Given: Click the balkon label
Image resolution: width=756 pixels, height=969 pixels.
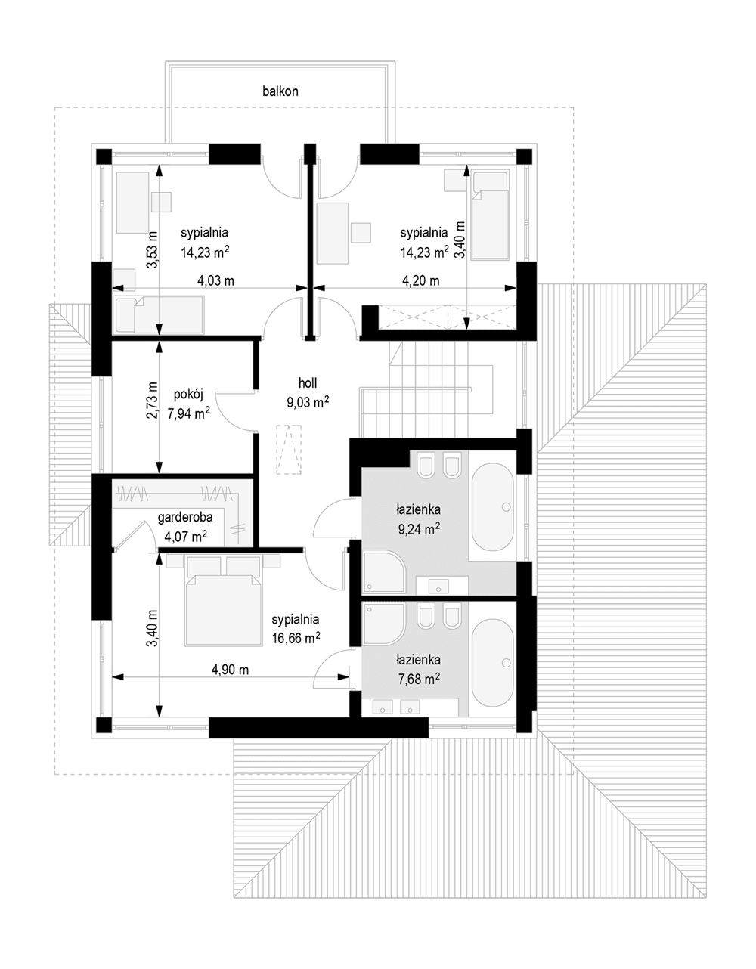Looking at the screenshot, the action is click(280, 91).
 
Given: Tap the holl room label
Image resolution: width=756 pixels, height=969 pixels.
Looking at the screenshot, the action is click(308, 382).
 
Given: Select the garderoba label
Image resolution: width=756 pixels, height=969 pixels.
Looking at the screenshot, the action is click(185, 517).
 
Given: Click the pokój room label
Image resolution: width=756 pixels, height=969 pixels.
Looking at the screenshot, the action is click(188, 395).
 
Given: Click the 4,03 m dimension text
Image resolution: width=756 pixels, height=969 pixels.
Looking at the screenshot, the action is click(215, 281).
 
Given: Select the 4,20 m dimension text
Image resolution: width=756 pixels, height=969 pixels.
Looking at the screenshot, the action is click(420, 281).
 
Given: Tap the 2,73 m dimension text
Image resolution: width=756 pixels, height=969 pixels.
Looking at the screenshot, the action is click(152, 400).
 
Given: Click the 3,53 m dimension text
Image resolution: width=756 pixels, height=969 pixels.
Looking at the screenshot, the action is click(152, 249).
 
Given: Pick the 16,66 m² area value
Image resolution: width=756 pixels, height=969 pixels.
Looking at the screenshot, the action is click(296, 638).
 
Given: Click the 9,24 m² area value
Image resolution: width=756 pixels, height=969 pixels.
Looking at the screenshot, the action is click(420, 529).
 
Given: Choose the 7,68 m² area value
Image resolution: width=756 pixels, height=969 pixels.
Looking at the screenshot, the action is click(420, 680).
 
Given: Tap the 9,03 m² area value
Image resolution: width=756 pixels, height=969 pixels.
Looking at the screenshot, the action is click(308, 402).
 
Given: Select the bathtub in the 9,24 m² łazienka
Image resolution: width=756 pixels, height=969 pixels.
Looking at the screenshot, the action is click(492, 507).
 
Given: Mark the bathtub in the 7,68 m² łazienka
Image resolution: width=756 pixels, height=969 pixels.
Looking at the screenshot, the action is click(492, 662).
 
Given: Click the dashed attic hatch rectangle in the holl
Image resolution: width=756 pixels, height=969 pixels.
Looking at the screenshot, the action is click(289, 450).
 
